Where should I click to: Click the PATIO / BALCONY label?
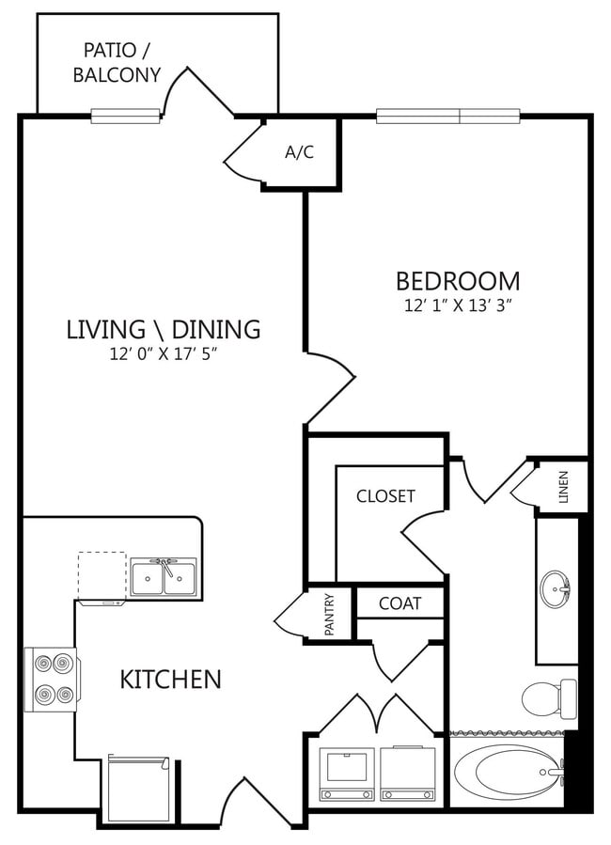pyautogui.click(x=117, y=62)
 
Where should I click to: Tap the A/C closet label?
pyautogui.click(x=299, y=151)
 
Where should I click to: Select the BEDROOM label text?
pyautogui.click(x=457, y=280)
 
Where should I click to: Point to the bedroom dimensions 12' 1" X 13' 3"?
pyautogui.click(x=457, y=305)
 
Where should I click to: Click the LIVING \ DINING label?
pyautogui.click(x=163, y=329)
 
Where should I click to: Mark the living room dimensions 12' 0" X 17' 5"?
pyautogui.click(x=163, y=354)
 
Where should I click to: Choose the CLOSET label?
pyautogui.click(x=385, y=496)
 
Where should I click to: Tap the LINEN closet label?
pyautogui.click(x=563, y=488)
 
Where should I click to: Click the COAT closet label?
pyautogui.click(x=399, y=603)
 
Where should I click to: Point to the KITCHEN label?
pyautogui.click(x=170, y=679)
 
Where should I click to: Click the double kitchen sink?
pyautogui.click(x=163, y=577)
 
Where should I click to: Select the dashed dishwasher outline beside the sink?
pyautogui.click(x=102, y=574)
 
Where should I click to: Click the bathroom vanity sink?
pyautogui.click(x=556, y=590)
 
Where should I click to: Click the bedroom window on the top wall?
pyautogui.click(x=448, y=117)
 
